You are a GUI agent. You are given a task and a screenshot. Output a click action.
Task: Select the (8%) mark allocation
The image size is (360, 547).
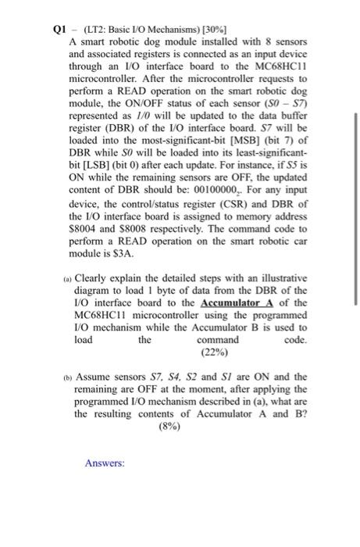[x=168, y=427]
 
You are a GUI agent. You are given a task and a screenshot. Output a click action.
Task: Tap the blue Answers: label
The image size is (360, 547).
[x=105, y=463]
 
